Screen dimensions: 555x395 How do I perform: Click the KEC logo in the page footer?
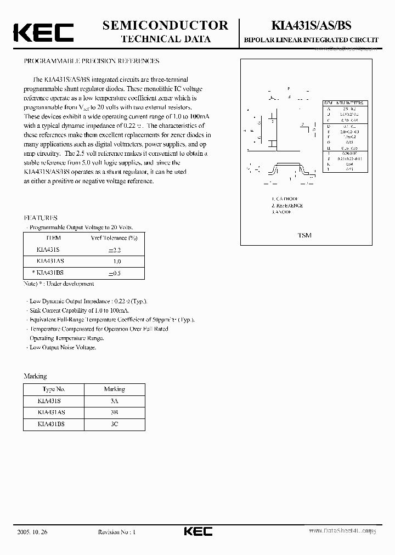point(197,531)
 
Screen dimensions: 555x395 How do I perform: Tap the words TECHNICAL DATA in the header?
point(165,39)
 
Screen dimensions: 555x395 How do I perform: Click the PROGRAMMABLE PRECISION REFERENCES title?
point(91,61)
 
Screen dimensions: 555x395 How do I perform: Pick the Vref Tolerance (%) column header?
point(114,238)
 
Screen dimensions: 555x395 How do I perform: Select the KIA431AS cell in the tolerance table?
point(50,262)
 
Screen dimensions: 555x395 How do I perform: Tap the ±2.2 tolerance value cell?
point(114,250)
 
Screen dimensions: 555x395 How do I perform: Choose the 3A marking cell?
point(114,401)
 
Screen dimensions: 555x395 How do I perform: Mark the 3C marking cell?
point(114,424)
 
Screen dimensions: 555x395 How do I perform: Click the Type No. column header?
point(54,389)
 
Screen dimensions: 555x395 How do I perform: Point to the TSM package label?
point(304,235)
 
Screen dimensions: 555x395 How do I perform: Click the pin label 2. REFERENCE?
point(287,206)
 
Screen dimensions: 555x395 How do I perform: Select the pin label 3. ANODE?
point(281,212)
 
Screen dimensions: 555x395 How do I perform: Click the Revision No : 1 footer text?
point(116,531)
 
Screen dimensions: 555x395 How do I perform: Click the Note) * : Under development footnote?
point(59,284)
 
